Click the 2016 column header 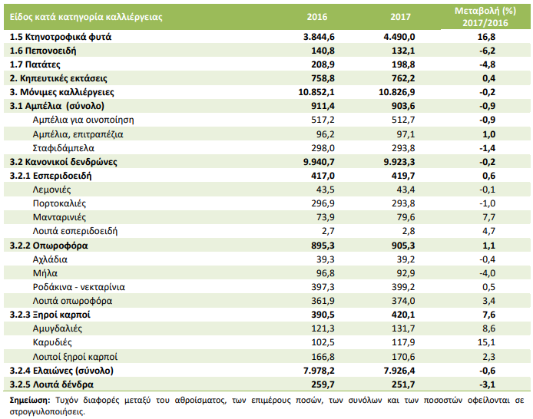[317, 17]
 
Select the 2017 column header [400, 17]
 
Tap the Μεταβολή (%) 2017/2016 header [485, 17]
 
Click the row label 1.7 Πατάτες [35, 64]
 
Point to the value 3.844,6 [319, 37]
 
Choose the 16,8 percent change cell [486, 37]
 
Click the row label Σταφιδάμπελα [64, 148]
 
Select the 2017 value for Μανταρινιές [406, 217]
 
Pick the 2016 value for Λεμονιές [326, 190]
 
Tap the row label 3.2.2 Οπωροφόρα [48, 246]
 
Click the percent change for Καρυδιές [486, 342]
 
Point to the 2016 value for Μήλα [326, 273]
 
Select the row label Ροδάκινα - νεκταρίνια [79, 287]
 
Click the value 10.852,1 [316, 92]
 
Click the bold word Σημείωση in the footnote [30, 400]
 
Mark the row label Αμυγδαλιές [58, 328]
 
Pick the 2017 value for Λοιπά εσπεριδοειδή [409, 231]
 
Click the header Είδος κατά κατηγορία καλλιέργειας [86, 17]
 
